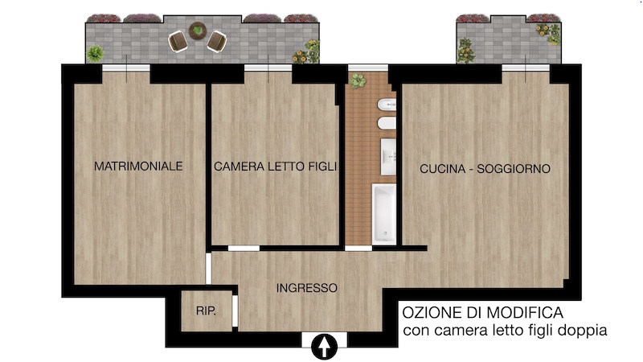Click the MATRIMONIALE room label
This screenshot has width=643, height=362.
pyautogui.click(x=138, y=167)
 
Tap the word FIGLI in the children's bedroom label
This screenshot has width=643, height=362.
pyautogui.click(x=322, y=167)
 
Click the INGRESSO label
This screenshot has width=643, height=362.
pyautogui.click(x=307, y=288)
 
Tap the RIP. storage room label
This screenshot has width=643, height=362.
pyautogui.click(x=206, y=311)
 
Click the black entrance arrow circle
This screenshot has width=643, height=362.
pyautogui.click(x=325, y=347)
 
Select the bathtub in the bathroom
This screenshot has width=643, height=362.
pyautogui.click(x=384, y=214)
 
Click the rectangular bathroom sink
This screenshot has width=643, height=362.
pyautogui.click(x=388, y=157)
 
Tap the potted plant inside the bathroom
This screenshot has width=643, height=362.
pyautogui.click(x=358, y=80)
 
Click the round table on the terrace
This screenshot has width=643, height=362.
pyautogui.click(x=198, y=31)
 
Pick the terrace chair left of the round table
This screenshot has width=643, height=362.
pyautogui.click(x=178, y=42)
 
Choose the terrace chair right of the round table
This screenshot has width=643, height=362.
pyautogui.click(x=217, y=42)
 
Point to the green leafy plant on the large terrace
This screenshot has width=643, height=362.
pyautogui.click(x=95, y=53)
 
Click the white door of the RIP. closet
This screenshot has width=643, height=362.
pyautogui.click(x=235, y=311)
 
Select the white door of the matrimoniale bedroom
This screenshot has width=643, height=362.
pyautogui.click(x=208, y=269)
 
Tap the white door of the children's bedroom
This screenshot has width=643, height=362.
pyautogui.click(x=244, y=249)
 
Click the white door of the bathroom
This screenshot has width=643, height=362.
pyautogui.click(x=358, y=249)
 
